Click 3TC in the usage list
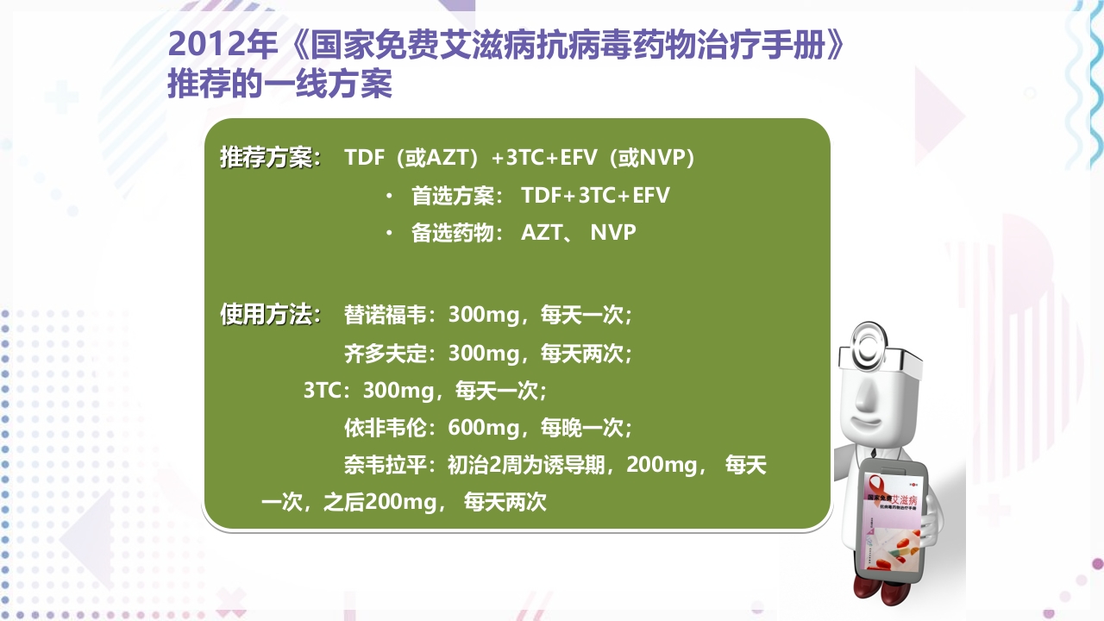(323, 391)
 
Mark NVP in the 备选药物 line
(613, 233)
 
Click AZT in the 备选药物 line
(542, 233)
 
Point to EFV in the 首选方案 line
(651, 196)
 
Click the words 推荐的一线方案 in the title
(279, 85)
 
